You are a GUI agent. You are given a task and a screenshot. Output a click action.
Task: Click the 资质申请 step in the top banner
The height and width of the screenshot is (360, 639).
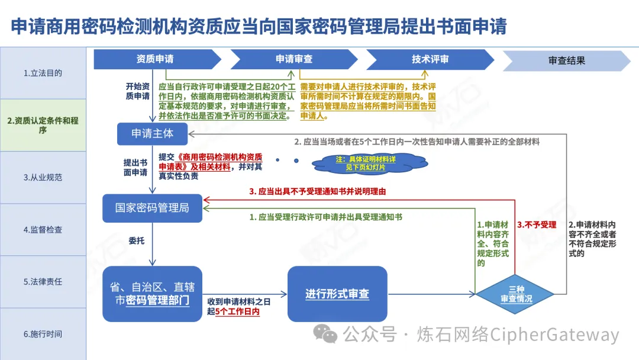click(x=155, y=59)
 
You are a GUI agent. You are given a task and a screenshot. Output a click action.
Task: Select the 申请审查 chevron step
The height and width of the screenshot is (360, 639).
click(x=293, y=59)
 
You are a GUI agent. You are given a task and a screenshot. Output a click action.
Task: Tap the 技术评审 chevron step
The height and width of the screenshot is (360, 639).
click(x=430, y=59)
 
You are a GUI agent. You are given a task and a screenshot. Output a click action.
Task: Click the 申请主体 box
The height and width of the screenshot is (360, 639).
click(x=152, y=133)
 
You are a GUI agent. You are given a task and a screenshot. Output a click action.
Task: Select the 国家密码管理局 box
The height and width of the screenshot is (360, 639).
click(x=152, y=208)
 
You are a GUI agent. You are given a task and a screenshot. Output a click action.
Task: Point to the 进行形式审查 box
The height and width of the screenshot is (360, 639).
click(x=337, y=294)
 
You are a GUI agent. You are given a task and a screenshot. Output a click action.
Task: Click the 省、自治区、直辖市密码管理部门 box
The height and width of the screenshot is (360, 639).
click(x=153, y=294)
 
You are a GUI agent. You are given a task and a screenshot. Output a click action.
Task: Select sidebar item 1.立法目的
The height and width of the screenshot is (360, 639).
click(x=43, y=73)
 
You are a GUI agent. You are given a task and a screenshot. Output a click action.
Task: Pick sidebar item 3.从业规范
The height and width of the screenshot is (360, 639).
click(x=43, y=177)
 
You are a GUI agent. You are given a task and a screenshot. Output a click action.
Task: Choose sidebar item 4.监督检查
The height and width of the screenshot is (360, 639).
click(x=43, y=229)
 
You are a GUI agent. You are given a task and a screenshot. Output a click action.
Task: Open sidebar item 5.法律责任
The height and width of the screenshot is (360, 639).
click(x=43, y=281)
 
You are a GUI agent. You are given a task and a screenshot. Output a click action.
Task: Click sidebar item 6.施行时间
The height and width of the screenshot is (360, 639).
click(x=43, y=334)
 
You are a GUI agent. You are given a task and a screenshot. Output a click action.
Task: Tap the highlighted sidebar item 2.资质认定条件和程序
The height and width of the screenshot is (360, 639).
click(x=43, y=125)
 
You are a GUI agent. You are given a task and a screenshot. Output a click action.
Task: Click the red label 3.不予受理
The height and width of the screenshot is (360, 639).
click(x=537, y=225)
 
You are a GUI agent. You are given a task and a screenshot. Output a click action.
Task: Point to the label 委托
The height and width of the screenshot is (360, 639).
click(x=137, y=241)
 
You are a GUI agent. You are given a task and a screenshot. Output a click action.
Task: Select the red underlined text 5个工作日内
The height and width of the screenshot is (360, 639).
click(x=237, y=311)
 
